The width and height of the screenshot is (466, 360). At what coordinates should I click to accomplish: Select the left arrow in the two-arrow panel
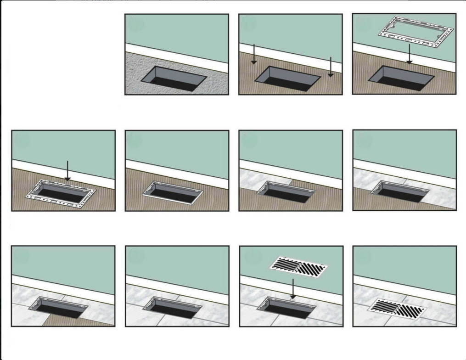click(253, 54)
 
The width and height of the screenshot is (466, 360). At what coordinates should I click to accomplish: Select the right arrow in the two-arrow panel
click(330, 67)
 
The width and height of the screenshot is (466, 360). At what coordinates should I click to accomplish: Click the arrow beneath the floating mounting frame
click(409, 55)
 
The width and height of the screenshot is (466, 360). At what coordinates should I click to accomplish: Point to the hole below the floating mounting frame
click(402, 78)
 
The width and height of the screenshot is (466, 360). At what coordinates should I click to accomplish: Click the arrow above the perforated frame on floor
click(67, 170)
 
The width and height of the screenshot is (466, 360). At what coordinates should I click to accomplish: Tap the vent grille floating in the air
click(299, 266)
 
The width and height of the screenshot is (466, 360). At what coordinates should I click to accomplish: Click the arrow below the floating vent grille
click(292, 287)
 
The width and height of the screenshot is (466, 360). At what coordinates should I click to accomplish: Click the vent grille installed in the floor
click(398, 309)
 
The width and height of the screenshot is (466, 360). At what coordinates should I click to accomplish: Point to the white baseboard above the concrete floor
click(177, 57)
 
